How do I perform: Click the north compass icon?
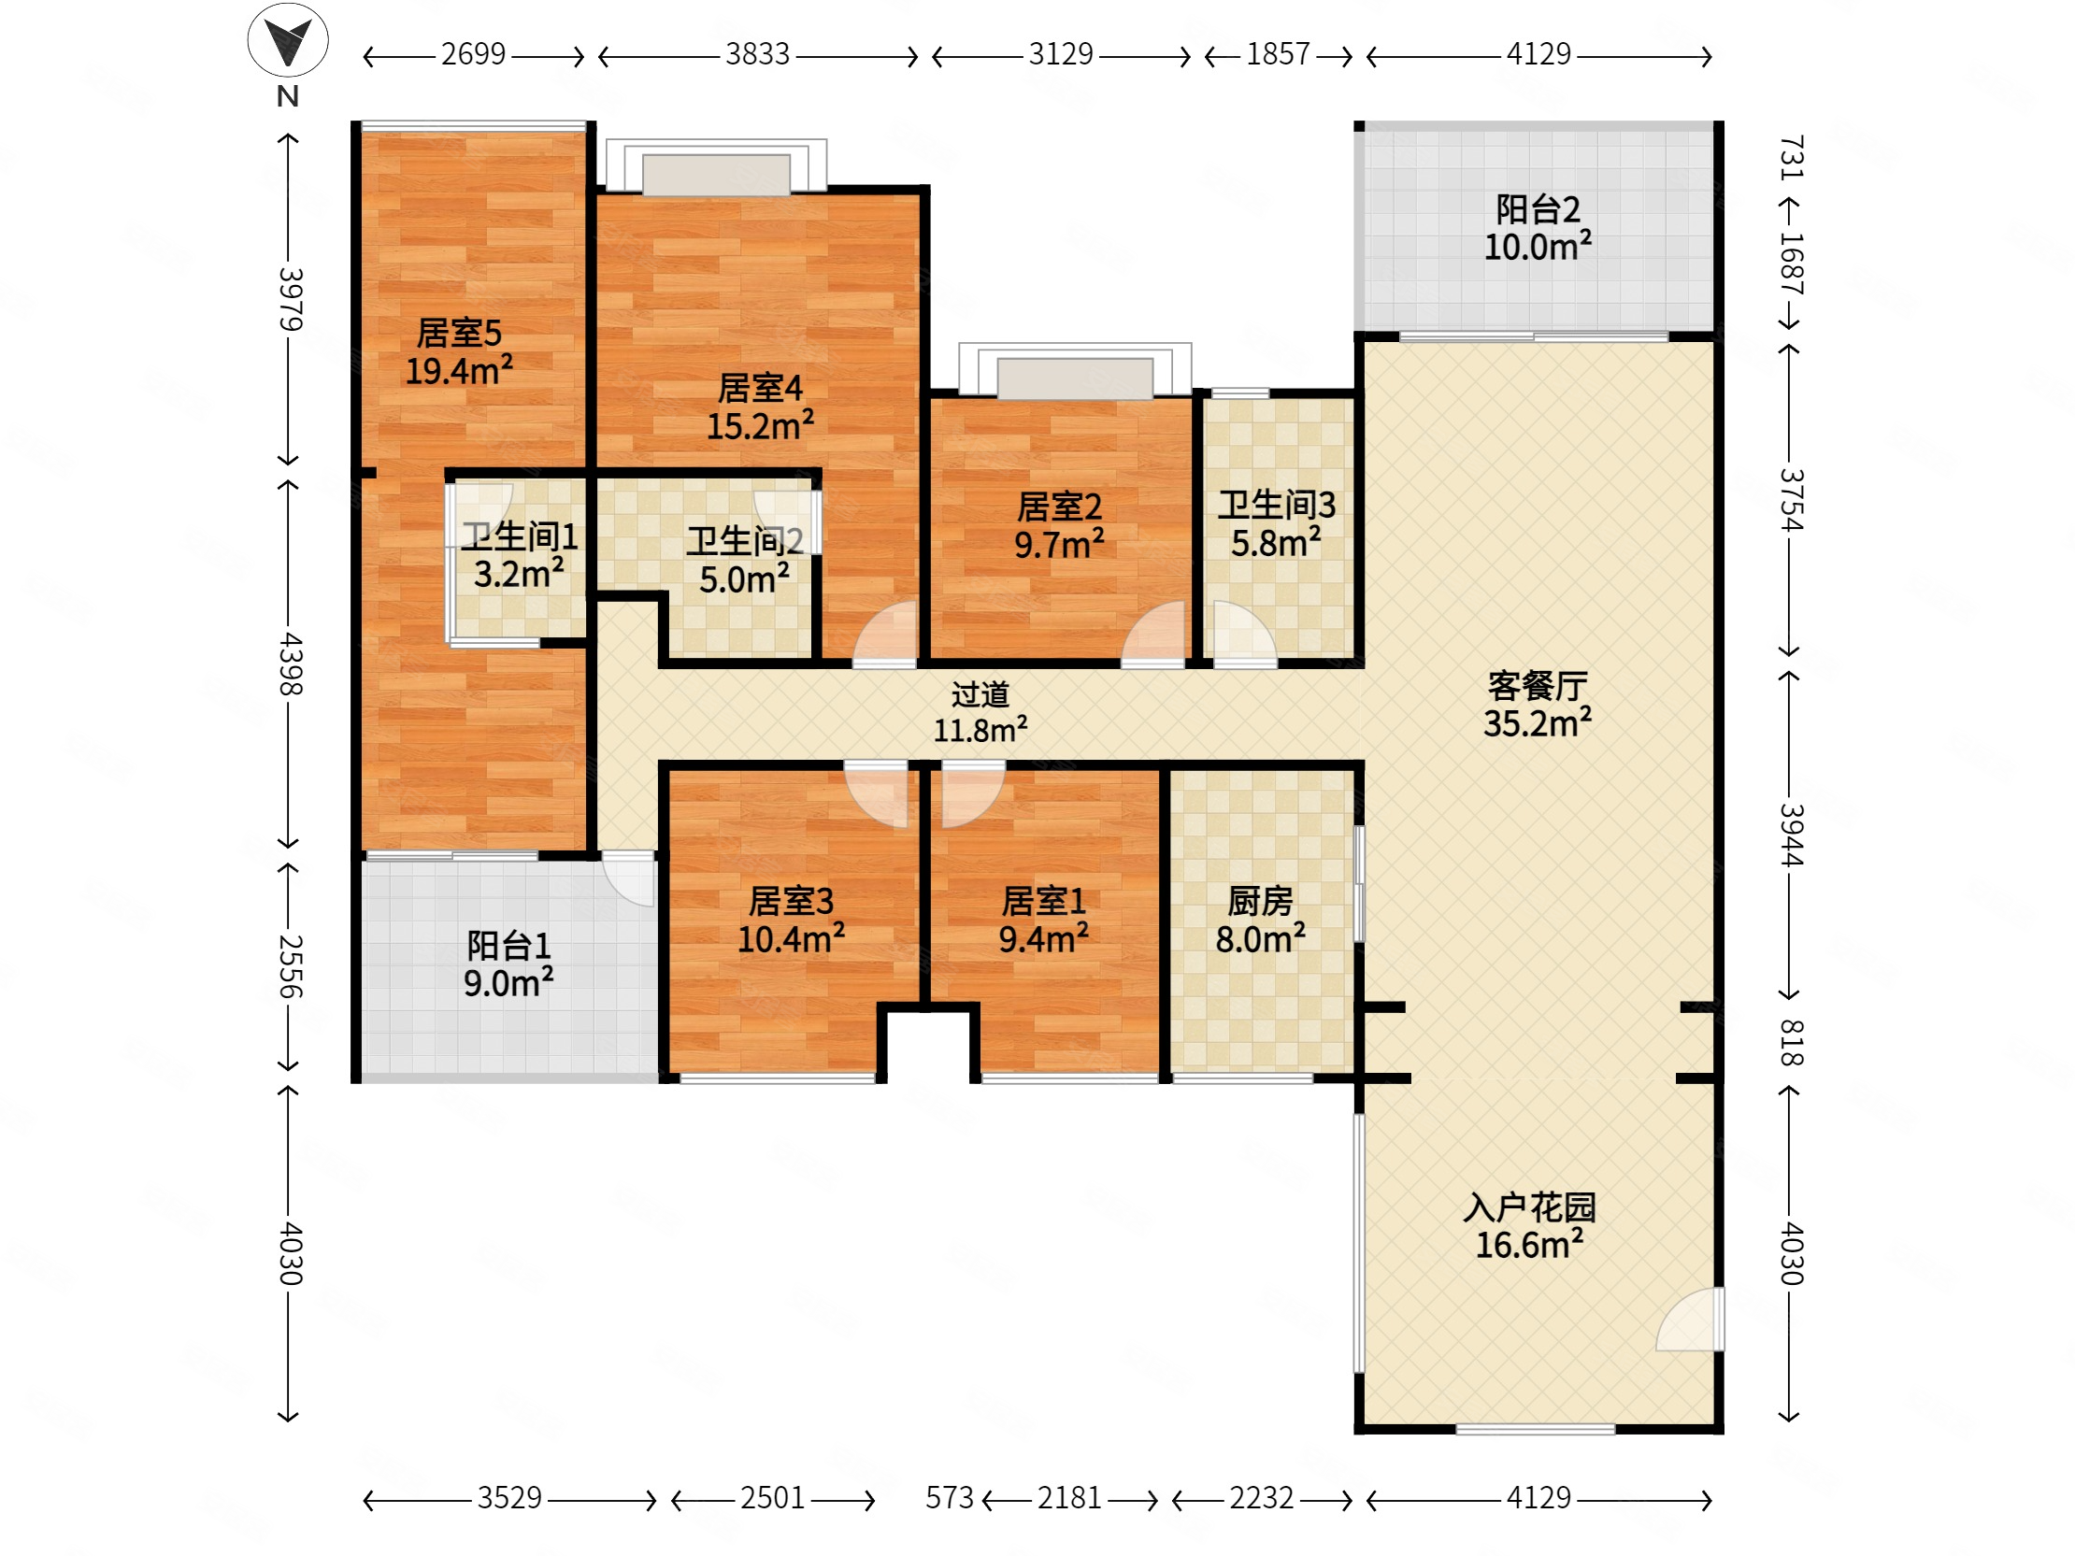[288, 40]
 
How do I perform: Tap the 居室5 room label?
[459, 333]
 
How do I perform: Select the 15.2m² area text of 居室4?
[760, 427]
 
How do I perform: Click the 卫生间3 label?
[1277, 506]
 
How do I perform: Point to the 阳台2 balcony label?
[1538, 209]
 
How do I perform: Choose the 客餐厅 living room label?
[1538, 686]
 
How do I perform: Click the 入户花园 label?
[1530, 1207]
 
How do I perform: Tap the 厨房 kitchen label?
[1260, 901]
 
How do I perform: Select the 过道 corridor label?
[980, 694]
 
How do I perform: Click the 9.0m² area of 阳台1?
[508, 983]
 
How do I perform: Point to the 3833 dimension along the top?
[757, 54]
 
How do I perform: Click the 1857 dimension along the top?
[1278, 54]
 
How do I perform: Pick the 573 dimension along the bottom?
[950, 1498]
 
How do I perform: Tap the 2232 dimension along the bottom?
[1262, 1498]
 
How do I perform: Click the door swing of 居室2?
[1154, 635]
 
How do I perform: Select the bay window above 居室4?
[716, 167]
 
